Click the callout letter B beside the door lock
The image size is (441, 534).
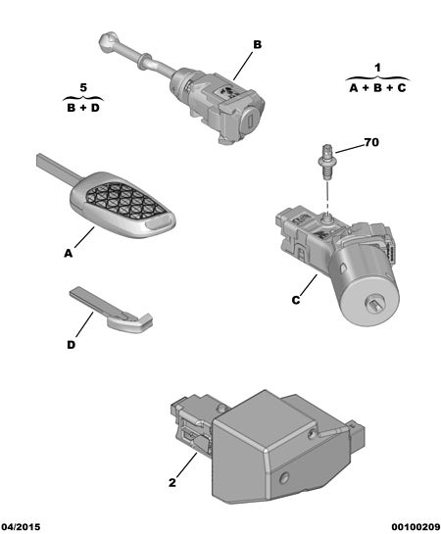(257, 45)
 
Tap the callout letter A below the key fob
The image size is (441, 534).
(69, 254)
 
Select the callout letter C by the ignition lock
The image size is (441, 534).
(296, 300)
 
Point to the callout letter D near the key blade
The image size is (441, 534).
(71, 345)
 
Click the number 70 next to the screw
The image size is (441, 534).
(371, 142)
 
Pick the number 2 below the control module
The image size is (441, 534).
(172, 483)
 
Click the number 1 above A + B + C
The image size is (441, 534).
(377, 68)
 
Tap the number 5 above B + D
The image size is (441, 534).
(83, 87)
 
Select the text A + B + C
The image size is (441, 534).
(377, 88)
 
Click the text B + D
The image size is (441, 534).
(83, 108)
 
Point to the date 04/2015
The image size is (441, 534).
(21, 527)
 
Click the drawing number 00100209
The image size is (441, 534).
(416, 527)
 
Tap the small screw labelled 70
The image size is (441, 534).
(327, 163)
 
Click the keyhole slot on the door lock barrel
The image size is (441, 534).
(250, 121)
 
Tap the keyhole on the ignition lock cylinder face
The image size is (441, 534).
(374, 302)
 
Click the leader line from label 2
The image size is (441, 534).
(187, 464)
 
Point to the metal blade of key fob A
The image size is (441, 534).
(59, 168)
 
